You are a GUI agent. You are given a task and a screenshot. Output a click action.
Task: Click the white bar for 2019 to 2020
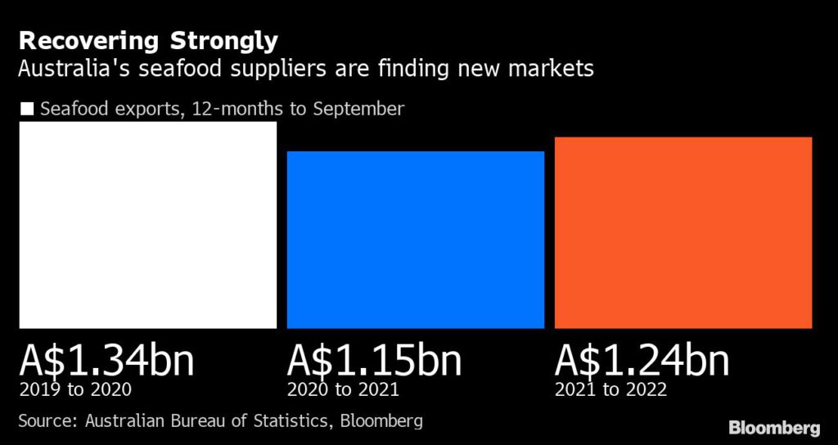click(x=147, y=225)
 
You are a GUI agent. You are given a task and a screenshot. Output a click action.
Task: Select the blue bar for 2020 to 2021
click(x=415, y=240)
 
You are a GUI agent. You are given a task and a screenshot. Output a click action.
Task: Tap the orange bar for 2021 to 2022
click(x=683, y=232)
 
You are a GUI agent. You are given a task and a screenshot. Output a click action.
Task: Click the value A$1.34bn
click(x=106, y=362)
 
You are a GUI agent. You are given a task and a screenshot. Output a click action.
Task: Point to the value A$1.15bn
click(x=374, y=362)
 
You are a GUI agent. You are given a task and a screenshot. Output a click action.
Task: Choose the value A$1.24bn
click(x=642, y=362)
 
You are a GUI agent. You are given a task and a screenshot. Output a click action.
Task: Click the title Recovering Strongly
click(x=148, y=41)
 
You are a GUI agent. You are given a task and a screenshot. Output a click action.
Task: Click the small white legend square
click(x=27, y=109)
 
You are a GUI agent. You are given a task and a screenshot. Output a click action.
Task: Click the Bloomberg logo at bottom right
click(x=773, y=427)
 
